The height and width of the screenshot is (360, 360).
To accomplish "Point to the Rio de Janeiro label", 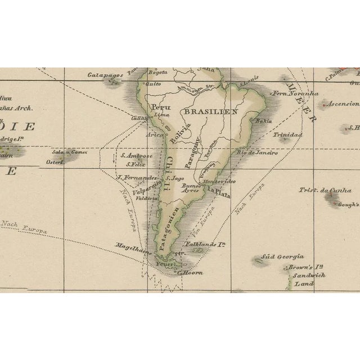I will pyautogui.click(x=258, y=152).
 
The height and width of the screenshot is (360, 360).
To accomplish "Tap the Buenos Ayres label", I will pyautogui.click(x=191, y=187).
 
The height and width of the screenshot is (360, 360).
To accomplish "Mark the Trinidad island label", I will pyautogui.click(x=287, y=135).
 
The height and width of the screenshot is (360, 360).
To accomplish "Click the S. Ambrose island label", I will pyautogui.click(x=137, y=156).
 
